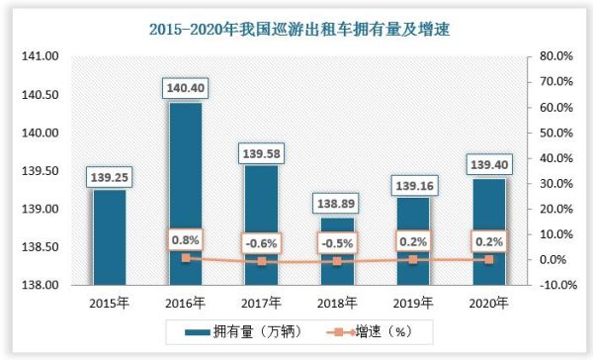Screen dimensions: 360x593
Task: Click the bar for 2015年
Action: pyautogui.click(x=109, y=237)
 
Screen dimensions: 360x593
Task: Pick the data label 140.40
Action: pyautogui.click(x=184, y=89)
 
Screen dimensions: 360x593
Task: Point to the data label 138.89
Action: pyautogui.click(x=338, y=204)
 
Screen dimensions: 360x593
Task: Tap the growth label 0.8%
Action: pyautogui.click(x=184, y=238)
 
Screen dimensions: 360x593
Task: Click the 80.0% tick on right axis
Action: pyautogui.click(x=551, y=57)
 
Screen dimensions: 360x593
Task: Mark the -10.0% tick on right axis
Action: pyautogui.click(x=549, y=286)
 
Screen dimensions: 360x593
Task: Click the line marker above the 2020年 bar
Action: pyautogui.click(x=490, y=259)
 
